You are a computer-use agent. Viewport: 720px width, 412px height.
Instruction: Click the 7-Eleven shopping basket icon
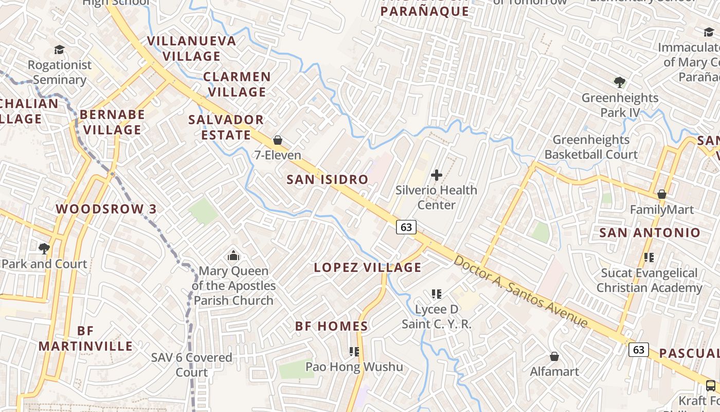click(278, 140)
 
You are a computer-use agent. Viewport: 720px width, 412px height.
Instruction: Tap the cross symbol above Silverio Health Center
click(436, 175)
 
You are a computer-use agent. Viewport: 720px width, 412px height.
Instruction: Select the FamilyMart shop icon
click(662, 194)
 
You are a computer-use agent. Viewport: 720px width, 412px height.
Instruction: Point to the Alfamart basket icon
click(554, 356)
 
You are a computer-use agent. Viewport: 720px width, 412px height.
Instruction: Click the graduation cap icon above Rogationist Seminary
click(60, 50)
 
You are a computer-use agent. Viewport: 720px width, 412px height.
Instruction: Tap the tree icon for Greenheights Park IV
click(620, 82)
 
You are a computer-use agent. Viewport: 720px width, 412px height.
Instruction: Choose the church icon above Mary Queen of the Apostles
click(233, 255)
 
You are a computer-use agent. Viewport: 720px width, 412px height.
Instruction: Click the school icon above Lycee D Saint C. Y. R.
click(437, 294)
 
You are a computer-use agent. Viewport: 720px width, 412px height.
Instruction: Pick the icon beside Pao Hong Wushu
click(354, 352)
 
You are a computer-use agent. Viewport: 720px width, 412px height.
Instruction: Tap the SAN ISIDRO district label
click(327, 179)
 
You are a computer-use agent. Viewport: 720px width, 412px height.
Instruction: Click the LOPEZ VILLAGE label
click(367, 267)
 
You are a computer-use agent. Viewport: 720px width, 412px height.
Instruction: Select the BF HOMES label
click(331, 326)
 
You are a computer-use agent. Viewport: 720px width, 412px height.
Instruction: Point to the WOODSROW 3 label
click(106, 209)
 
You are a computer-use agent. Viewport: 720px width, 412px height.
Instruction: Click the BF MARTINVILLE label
click(85, 338)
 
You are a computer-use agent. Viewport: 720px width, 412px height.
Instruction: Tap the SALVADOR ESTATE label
click(226, 127)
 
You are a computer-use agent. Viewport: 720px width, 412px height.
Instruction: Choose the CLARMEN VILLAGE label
click(237, 84)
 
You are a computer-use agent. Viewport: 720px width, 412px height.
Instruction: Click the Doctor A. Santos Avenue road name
click(520, 291)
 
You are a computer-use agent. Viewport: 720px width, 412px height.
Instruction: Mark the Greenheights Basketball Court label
click(591, 147)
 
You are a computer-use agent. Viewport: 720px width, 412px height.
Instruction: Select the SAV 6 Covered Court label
click(191, 365)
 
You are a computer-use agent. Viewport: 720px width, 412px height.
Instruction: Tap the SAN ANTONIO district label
click(650, 233)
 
